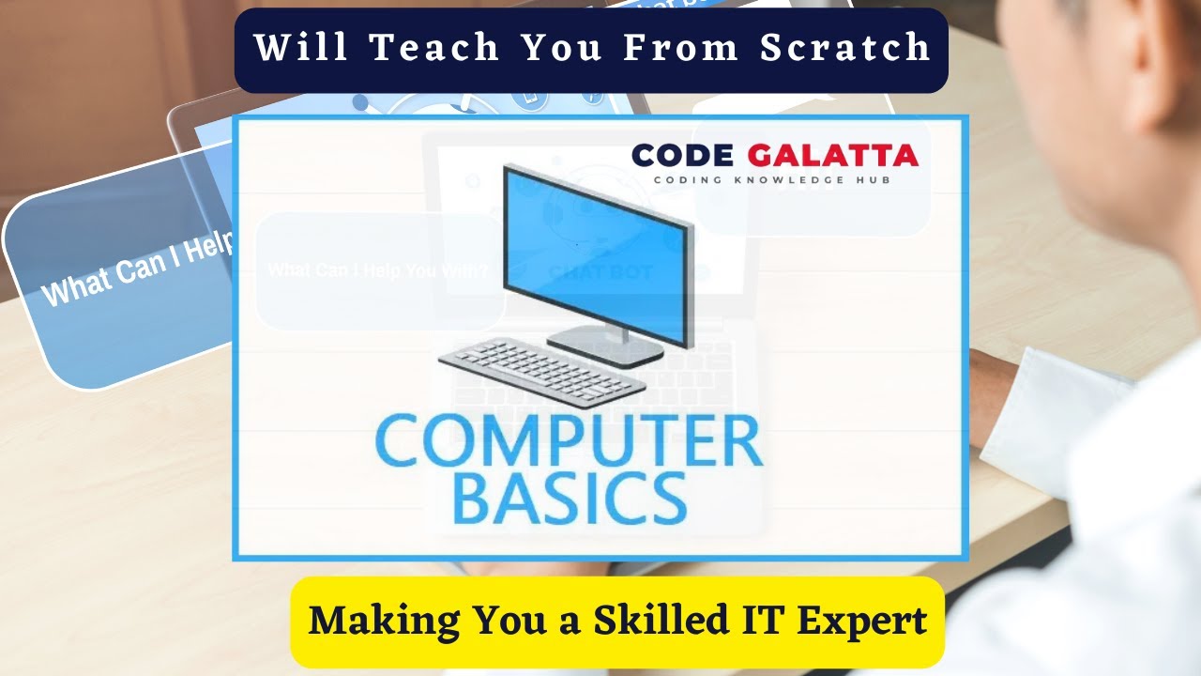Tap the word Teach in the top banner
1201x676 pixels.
pos(436,48)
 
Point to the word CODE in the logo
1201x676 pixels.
pos(681,155)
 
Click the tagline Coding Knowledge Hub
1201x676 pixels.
pos(772,179)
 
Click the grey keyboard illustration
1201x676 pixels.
pos(541,371)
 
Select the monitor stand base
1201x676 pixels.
pos(604,345)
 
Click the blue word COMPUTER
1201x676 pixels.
pos(569,442)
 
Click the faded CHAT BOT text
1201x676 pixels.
pos(600,272)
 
